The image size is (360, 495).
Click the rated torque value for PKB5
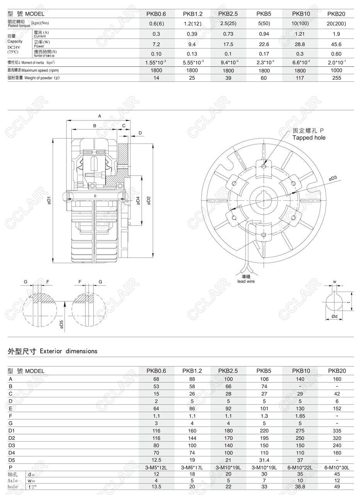[x=264, y=24]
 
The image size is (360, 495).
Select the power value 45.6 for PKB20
[x=336, y=44]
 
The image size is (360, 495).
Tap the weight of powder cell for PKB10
[x=300, y=78]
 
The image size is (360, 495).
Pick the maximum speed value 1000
[x=336, y=71]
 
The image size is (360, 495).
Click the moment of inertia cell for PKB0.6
[x=156, y=63]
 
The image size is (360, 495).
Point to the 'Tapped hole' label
[x=309, y=138]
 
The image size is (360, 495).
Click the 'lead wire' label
[x=246, y=281]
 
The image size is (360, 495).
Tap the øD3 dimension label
[x=333, y=178]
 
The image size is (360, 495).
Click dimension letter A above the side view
[x=99, y=116]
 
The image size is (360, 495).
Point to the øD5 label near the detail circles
[x=61, y=324]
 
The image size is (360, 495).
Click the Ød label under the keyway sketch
[x=335, y=317]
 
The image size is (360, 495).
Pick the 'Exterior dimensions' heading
[x=53, y=351]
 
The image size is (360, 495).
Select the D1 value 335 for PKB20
[x=336, y=431]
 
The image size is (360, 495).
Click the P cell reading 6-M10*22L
[x=300, y=468]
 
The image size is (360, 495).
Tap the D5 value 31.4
[x=264, y=460]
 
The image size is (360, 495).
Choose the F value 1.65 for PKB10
[x=300, y=416]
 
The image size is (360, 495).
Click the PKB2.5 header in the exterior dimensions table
[x=228, y=371]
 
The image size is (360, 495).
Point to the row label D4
[x=11, y=453]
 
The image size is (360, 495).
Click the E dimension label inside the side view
[x=95, y=196]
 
